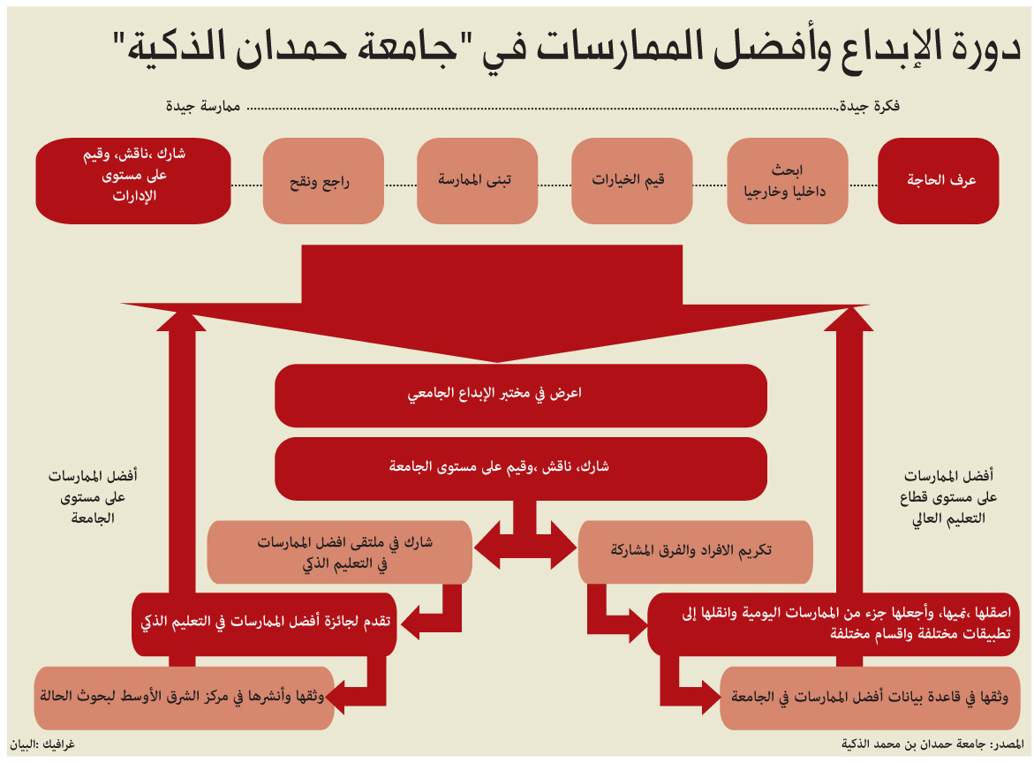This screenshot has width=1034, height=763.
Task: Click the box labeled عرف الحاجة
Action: [938, 181]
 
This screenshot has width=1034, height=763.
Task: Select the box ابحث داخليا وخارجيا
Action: [788, 181]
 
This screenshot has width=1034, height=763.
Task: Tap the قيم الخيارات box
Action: [631, 181]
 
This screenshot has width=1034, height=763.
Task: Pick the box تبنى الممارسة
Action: [478, 181]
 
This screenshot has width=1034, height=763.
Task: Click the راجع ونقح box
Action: [323, 181]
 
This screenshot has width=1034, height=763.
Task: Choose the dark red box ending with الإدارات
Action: [133, 181]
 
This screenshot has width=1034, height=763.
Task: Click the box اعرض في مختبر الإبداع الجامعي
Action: [521, 396]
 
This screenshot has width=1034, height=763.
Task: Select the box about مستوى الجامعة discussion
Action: [521, 468]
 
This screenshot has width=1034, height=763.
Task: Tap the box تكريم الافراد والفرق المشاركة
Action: [695, 552]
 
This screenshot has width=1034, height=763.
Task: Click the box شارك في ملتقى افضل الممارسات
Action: [340, 552]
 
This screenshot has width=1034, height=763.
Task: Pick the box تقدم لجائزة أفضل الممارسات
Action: [264, 623]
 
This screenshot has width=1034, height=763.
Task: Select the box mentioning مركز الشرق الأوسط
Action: [184, 698]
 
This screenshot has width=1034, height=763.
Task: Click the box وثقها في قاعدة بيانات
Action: [869, 698]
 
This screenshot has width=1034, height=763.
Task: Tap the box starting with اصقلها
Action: [834, 623]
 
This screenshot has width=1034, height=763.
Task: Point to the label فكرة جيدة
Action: [870, 106]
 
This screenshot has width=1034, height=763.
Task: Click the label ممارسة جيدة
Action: [203, 106]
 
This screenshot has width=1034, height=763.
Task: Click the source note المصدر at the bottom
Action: [932, 744]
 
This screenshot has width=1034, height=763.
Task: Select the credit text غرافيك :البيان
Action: [42, 744]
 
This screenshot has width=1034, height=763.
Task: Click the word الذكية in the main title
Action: [171, 48]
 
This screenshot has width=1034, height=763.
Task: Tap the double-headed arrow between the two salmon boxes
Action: [525, 546]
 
